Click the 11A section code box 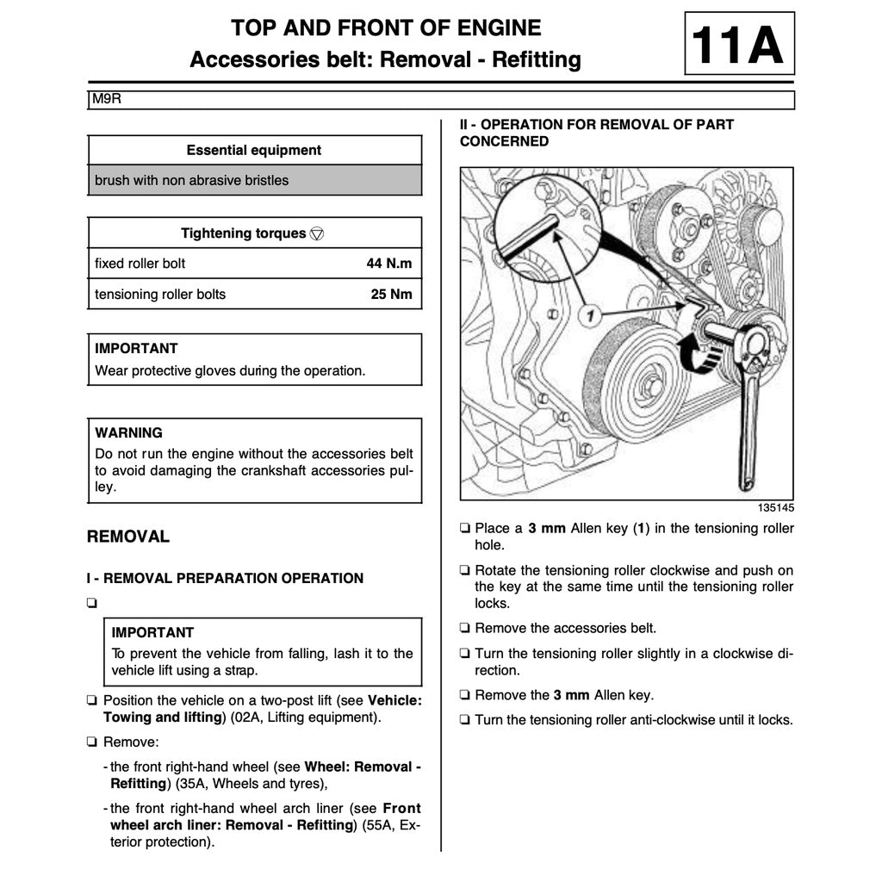point(738,44)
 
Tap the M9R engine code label point(108,99)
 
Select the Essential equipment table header point(254,150)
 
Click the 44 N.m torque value point(388,264)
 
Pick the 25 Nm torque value point(391,294)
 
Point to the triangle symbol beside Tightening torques point(317,233)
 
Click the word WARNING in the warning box point(128,432)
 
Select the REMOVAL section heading point(128,537)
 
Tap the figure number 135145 point(775,508)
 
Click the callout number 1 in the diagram point(591,316)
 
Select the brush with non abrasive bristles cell point(191,180)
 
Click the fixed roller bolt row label point(140,264)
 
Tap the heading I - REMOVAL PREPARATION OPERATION point(225,578)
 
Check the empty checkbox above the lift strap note point(91,603)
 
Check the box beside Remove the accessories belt point(465,629)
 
